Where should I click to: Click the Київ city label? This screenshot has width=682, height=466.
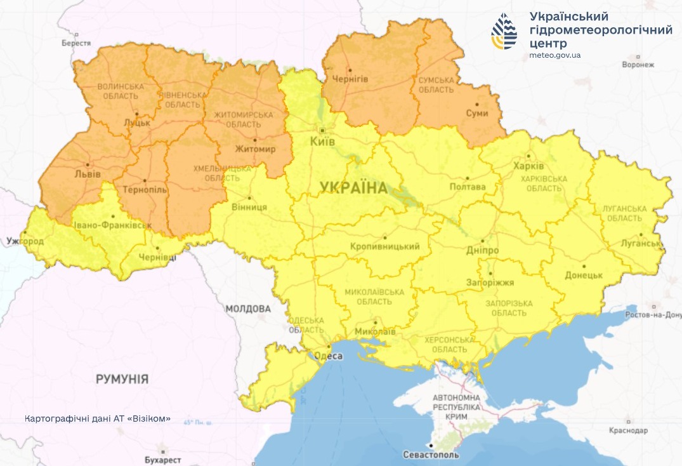322,142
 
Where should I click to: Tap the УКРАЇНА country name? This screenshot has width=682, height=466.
353,187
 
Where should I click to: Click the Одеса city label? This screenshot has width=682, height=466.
329,356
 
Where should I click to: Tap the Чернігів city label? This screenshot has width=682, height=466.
350,79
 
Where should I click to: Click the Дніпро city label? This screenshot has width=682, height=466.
483,251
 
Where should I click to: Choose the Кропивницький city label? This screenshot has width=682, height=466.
385,246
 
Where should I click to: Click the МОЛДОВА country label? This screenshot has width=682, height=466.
248,309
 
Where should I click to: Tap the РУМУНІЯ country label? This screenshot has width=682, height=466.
122,380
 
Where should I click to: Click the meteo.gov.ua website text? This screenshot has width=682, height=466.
554,56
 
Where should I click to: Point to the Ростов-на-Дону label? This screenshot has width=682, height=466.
653,315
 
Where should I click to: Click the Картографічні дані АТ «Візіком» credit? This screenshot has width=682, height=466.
98,419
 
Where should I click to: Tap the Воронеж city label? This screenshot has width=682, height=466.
638,65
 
